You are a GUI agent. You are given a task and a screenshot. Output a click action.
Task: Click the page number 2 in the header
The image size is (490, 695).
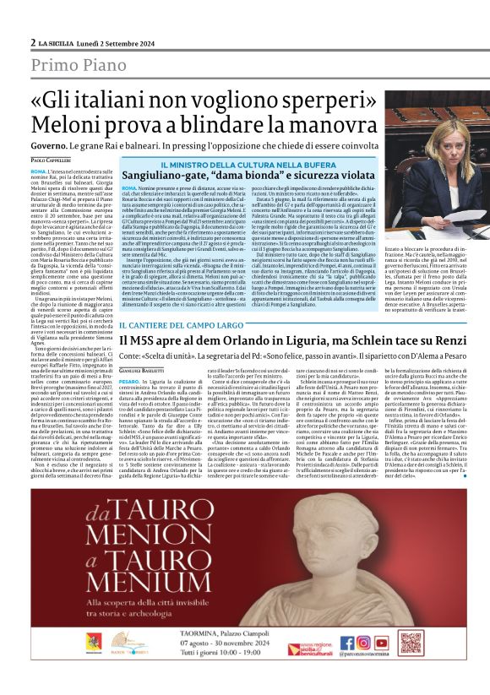33,41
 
